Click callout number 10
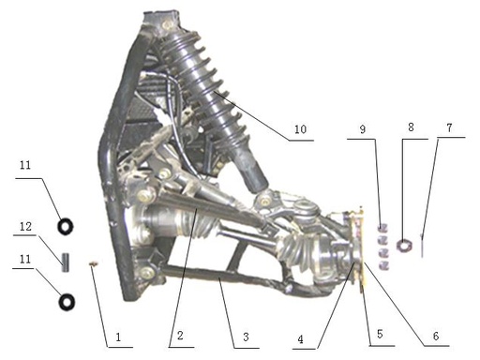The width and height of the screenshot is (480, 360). point(300,129)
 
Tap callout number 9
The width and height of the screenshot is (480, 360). point(363,129)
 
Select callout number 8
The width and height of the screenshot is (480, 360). point(411,127)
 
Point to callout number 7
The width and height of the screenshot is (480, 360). point(449,127)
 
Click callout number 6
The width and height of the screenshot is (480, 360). point(436,336)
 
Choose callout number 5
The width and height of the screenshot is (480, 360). point(380,334)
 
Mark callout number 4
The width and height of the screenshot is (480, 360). point(300,339)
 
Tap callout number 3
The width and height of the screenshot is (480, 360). point(246,337)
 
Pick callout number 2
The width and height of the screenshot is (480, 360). point(180,336)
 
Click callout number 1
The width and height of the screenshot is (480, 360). point(118,337)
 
